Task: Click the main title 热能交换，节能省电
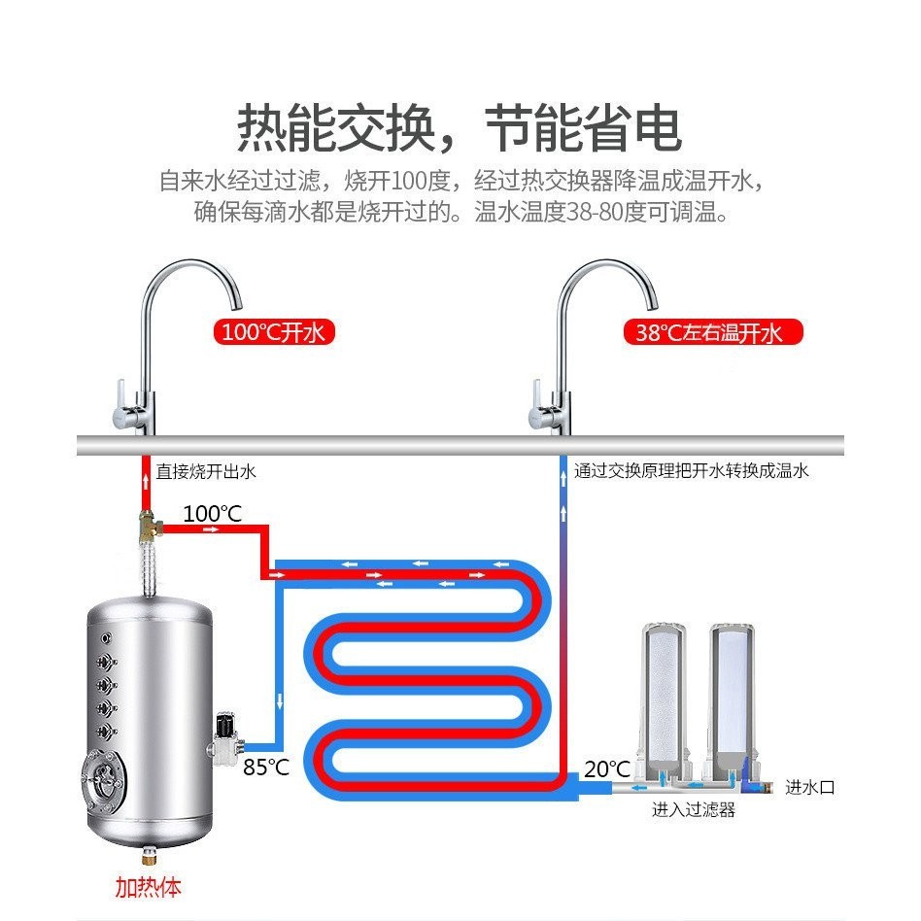460,128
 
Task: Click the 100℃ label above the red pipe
212,513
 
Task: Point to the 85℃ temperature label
265,767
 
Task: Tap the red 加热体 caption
148,887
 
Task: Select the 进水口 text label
809,787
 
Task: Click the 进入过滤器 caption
693,809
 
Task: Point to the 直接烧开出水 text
206,472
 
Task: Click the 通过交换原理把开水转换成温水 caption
691,471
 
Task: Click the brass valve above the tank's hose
149,529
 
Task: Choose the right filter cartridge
732,690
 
